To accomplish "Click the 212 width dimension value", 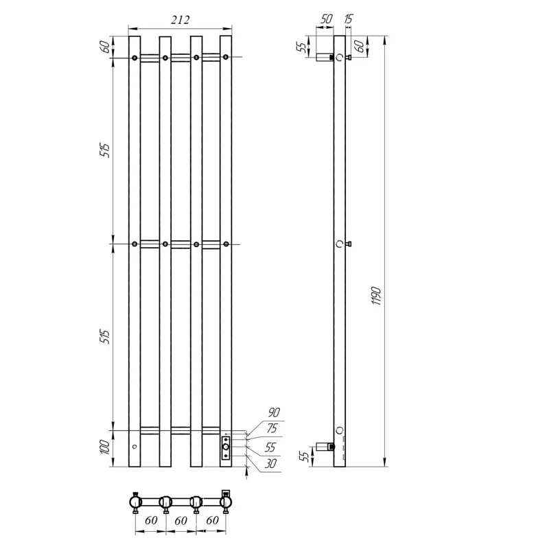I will coord(180,20).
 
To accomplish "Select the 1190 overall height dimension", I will coord(375,295).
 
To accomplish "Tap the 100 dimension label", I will coord(104,448).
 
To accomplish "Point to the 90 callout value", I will coord(273,412).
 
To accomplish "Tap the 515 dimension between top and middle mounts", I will coord(104,151).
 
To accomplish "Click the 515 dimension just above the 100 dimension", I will coord(104,338).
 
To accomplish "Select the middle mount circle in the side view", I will coord(339,244).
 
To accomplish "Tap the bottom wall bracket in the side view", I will coord(323,447).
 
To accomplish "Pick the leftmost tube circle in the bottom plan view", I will coord(135,503).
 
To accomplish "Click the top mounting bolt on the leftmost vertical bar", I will coord(135,58).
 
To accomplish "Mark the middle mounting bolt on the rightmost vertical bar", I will coord(226,244).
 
